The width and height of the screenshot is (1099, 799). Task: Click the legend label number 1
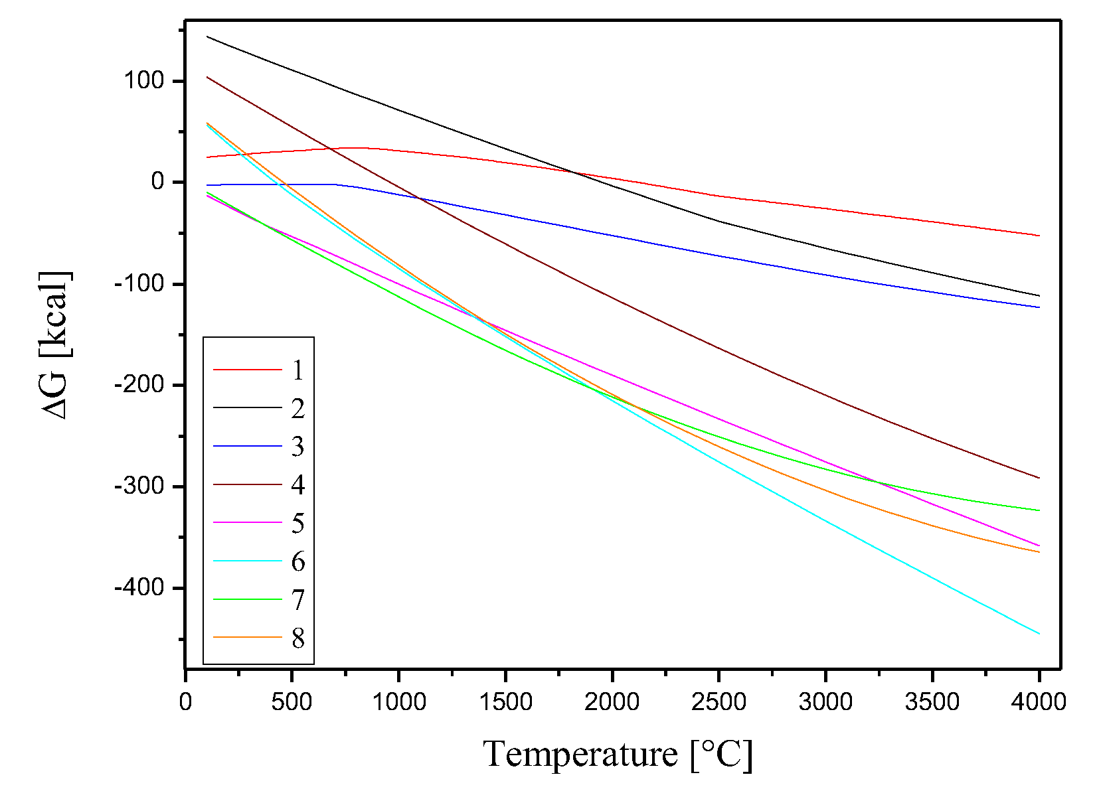coord(297,370)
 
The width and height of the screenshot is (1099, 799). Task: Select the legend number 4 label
coord(297,485)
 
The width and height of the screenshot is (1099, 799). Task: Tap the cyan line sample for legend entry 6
coord(248,561)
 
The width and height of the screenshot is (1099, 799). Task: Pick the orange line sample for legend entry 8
coord(248,638)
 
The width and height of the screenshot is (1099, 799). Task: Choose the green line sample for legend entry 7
coord(248,599)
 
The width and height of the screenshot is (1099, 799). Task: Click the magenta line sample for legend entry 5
coord(248,523)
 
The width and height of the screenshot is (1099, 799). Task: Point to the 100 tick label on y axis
coord(143,81)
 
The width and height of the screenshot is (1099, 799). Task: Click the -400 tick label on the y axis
coord(139,588)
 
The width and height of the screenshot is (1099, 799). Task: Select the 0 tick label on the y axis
coord(158,182)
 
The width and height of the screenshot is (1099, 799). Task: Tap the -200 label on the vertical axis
coord(139,385)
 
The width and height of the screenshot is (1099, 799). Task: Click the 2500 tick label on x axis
coord(719,702)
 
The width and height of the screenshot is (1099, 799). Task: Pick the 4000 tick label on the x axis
coord(1039,702)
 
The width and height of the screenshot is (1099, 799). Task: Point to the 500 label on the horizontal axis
coord(292,702)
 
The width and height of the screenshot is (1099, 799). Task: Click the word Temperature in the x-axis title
coord(580,755)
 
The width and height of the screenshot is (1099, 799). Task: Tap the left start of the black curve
coord(207,36)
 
